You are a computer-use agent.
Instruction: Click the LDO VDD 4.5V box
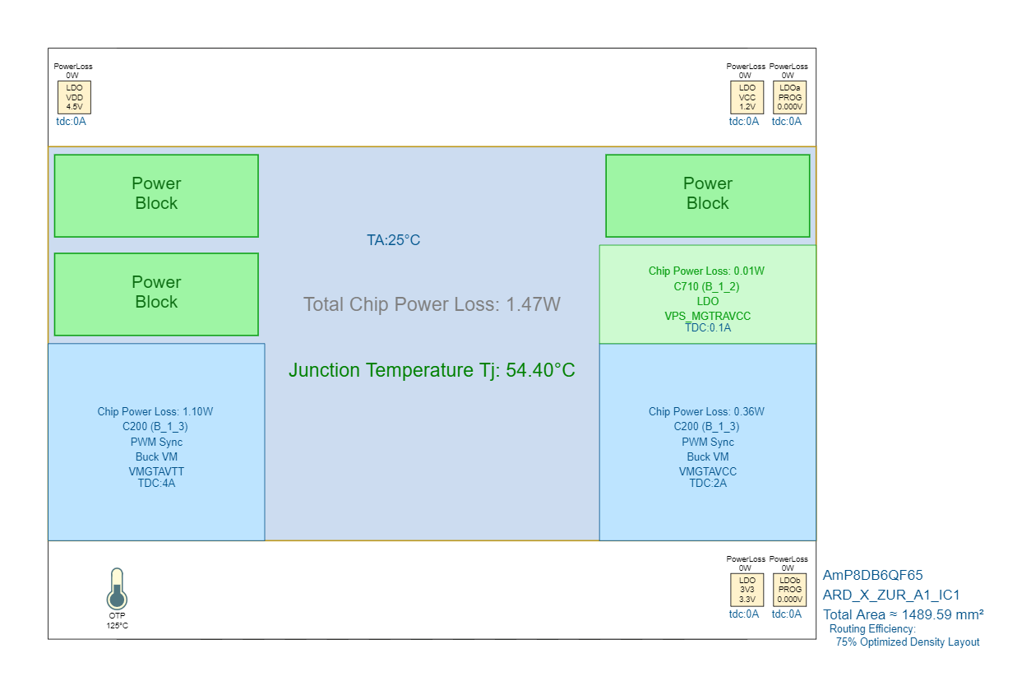(74, 97)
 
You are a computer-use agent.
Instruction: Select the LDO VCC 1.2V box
(747, 97)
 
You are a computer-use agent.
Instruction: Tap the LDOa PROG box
(790, 97)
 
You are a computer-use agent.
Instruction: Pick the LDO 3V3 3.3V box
(747, 590)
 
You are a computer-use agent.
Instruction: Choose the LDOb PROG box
(790, 590)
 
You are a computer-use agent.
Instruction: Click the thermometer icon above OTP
(117, 588)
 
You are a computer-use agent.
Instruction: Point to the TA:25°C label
(393, 240)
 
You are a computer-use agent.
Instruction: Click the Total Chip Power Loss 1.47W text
(432, 304)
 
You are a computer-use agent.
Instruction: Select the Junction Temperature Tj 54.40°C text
(432, 370)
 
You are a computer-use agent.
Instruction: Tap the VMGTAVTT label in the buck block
(156, 471)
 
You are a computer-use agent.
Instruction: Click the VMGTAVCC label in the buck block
(708, 471)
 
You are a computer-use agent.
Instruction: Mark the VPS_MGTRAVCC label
(708, 316)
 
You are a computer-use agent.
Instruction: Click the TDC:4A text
(156, 483)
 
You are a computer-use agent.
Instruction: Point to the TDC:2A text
(708, 483)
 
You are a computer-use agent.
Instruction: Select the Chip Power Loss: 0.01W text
(708, 271)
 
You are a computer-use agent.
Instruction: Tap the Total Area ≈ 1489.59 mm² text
(904, 614)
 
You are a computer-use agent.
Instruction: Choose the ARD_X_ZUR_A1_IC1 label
(891, 595)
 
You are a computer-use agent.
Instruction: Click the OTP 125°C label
(117, 620)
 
